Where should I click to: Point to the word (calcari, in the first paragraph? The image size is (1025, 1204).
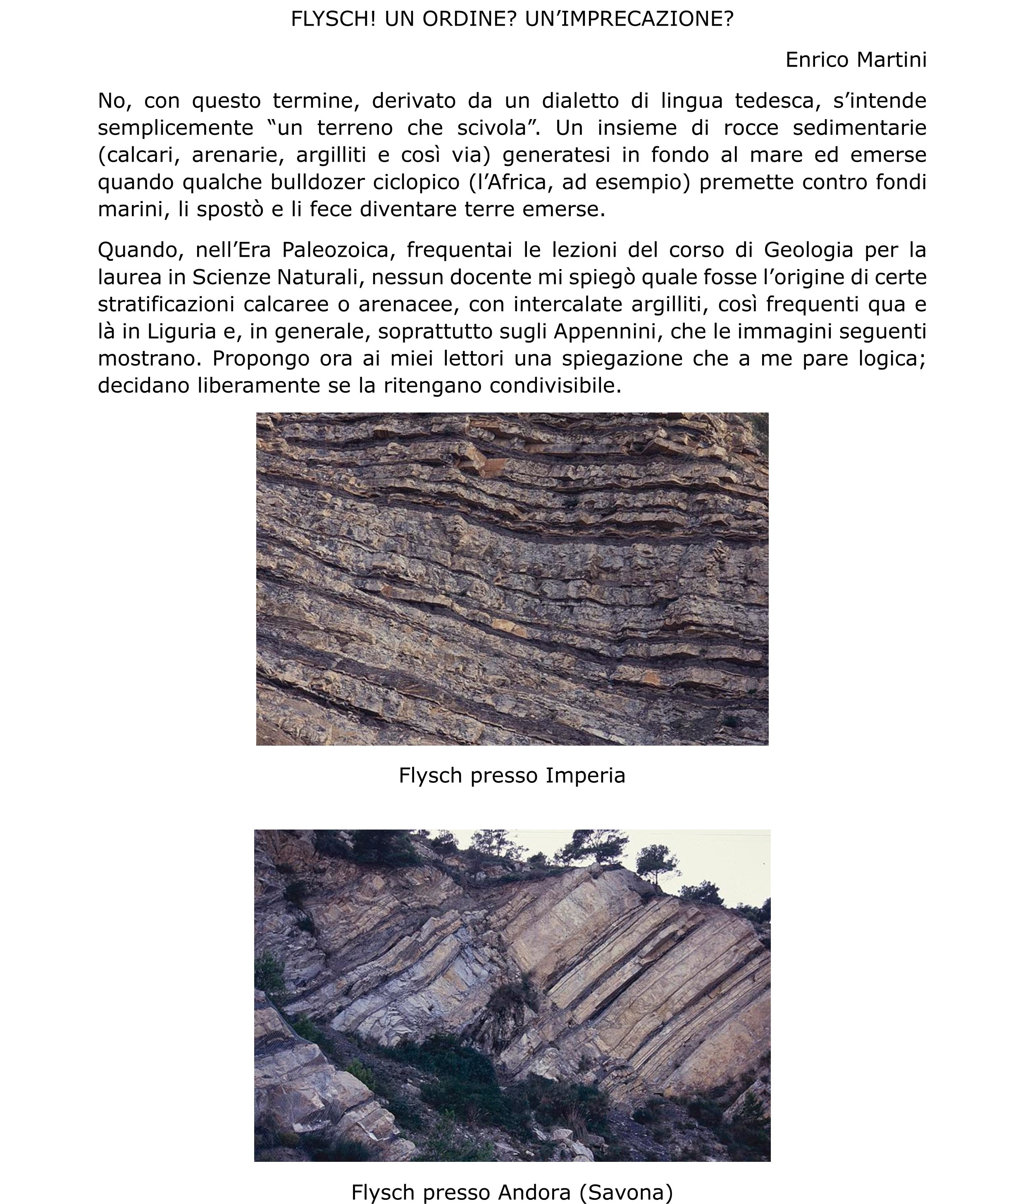pyautogui.click(x=138, y=155)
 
